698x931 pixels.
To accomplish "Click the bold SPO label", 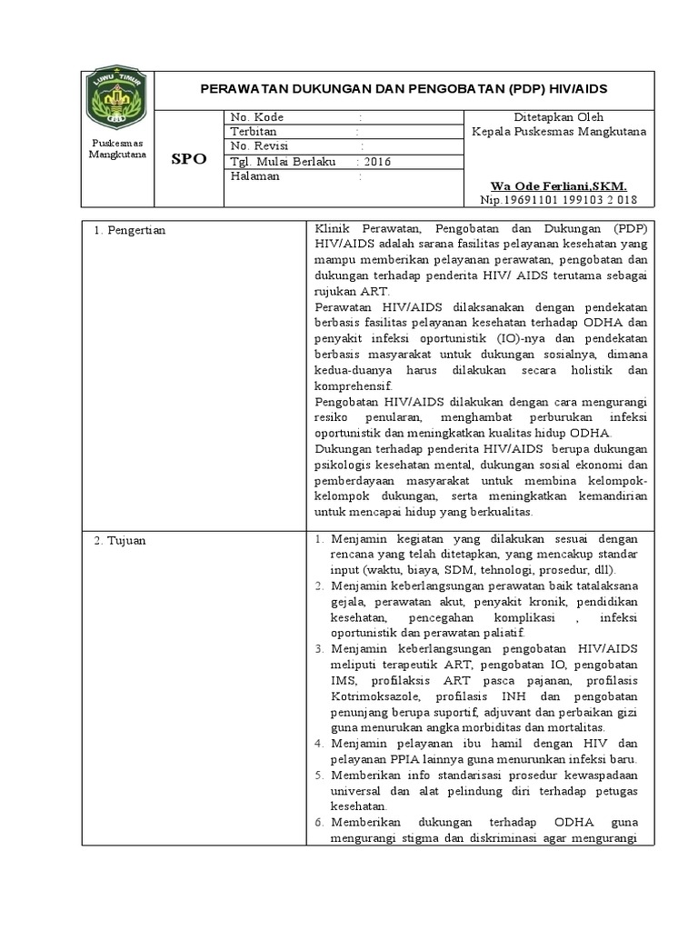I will click(x=189, y=159).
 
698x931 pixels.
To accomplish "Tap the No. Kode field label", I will click(x=257, y=117).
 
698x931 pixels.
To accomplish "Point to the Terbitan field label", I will click(x=254, y=132).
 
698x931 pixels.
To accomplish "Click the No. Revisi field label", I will click(x=261, y=146).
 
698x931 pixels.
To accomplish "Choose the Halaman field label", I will click(x=255, y=176).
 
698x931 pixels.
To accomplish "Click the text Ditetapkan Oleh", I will click(x=559, y=117).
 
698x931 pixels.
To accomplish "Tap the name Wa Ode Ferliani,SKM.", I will click(x=558, y=185).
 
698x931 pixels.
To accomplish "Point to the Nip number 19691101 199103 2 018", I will click(x=558, y=199).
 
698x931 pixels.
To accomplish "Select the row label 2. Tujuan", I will click(x=121, y=541).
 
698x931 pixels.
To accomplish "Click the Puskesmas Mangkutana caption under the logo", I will click(x=115, y=149).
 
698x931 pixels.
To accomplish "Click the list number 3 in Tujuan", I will click(x=319, y=649).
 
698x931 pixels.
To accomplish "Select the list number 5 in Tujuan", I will click(x=319, y=775).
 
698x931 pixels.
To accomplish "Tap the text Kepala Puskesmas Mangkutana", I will click(x=559, y=132).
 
